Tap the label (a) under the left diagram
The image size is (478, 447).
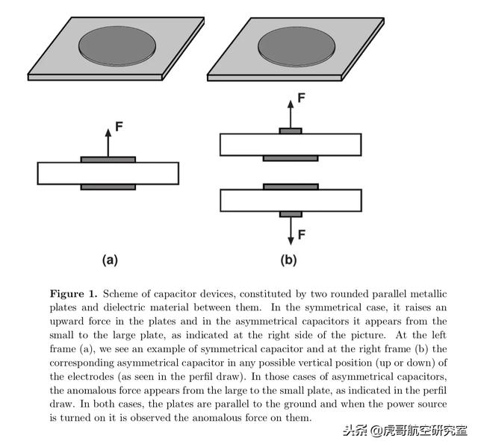[109, 260]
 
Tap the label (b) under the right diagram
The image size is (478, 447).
[288, 260]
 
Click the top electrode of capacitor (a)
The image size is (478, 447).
[108, 159]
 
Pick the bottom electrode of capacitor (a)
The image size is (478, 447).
[108, 187]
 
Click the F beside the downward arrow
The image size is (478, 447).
[302, 234]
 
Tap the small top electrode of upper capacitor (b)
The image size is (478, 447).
[291, 131]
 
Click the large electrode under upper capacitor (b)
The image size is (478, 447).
[291, 158]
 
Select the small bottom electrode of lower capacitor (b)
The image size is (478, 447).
[291, 214]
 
